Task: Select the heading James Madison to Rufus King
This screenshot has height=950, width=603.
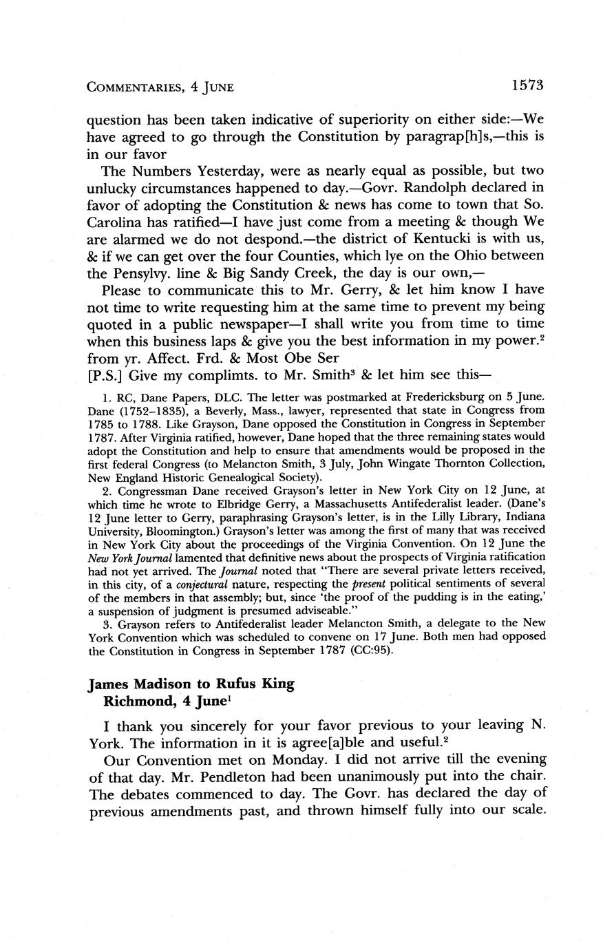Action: pyautogui.click(x=191, y=684)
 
